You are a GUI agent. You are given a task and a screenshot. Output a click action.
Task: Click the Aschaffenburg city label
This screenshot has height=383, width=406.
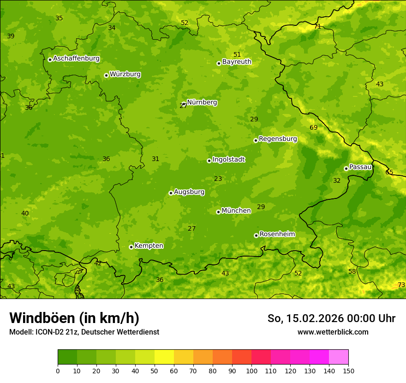[x=76, y=59]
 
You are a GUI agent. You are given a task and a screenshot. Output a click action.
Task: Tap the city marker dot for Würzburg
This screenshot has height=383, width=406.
[x=106, y=75]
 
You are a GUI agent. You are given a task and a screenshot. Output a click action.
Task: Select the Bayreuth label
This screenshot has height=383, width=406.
[x=237, y=61]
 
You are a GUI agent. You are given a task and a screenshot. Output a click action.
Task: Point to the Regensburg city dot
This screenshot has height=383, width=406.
[x=256, y=140]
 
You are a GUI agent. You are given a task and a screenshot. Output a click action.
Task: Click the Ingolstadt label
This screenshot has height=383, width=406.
[x=228, y=160]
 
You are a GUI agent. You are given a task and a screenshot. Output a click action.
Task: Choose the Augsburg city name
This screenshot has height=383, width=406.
[x=189, y=192]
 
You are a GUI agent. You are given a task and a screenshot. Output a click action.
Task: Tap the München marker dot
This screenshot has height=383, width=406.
[x=218, y=212]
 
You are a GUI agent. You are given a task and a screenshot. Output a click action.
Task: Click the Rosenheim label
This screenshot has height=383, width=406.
[x=277, y=234]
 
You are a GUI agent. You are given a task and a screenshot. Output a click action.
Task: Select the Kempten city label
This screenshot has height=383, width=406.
[x=149, y=246]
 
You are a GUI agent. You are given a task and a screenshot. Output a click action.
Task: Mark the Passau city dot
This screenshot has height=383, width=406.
[x=346, y=168]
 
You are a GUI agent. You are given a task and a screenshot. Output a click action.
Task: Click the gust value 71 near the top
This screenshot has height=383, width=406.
[x=317, y=26]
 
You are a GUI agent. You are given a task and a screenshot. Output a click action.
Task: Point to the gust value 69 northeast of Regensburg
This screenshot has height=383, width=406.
[x=314, y=127]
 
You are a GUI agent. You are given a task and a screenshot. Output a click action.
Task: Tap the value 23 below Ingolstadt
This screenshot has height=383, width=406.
[x=218, y=179]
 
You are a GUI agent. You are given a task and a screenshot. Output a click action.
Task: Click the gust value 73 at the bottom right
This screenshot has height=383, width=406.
[x=401, y=285]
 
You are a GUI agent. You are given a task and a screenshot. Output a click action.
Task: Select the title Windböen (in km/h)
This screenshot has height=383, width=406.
[x=74, y=318]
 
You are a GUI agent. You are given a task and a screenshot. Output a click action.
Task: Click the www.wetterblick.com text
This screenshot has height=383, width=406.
[x=333, y=332]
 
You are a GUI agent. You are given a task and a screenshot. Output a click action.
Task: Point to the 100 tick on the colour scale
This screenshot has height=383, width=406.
[x=251, y=371]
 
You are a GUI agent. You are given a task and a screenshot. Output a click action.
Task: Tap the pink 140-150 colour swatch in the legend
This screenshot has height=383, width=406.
[x=339, y=357]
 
